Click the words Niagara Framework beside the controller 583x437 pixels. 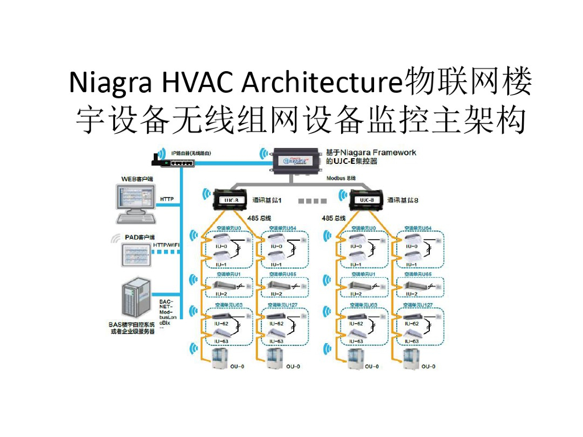pos(378,152)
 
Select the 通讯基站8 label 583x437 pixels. pos(403,200)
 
